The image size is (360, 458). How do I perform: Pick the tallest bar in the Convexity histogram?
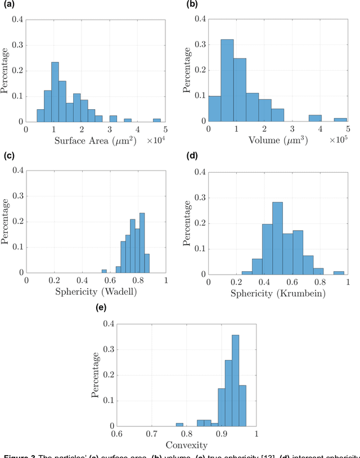[x=235, y=381]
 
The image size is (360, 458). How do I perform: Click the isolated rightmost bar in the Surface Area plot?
[x=156, y=120]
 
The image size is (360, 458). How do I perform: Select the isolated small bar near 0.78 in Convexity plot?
[x=179, y=425]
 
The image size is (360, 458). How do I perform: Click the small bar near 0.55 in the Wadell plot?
[x=103, y=271]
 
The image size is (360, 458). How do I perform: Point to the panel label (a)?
[x=7, y=4]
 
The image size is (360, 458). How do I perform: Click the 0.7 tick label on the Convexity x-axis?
[x=151, y=434]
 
